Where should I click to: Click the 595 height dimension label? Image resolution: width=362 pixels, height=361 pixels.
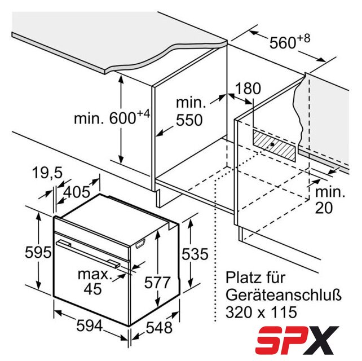point(38,252)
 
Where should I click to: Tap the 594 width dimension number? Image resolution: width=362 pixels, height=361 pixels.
point(90,326)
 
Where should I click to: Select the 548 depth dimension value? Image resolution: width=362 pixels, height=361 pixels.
point(160,327)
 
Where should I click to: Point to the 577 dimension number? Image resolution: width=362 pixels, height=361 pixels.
point(157,282)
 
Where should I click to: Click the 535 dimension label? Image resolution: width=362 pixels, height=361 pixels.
point(195,254)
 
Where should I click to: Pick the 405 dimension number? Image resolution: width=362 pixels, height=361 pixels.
point(77,192)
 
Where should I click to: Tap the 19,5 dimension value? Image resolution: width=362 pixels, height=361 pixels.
point(47,173)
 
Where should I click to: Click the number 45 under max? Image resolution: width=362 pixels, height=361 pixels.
point(92,288)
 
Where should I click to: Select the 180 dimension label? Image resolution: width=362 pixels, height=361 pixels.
point(248,88)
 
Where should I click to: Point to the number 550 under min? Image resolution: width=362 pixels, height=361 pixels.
point(189,120)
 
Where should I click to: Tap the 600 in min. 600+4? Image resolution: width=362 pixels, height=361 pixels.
point(122,118)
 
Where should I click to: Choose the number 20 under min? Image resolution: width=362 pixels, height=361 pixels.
point(324,208)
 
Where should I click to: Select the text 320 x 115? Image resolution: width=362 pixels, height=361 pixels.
point(261,312)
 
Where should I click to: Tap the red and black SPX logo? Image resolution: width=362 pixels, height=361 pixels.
point(297,340)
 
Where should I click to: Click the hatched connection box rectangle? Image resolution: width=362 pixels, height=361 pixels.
point(274,145)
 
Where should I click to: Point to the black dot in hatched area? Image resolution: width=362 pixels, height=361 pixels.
point(272,144)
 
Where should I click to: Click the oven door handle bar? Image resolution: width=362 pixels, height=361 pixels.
point(88,253)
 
